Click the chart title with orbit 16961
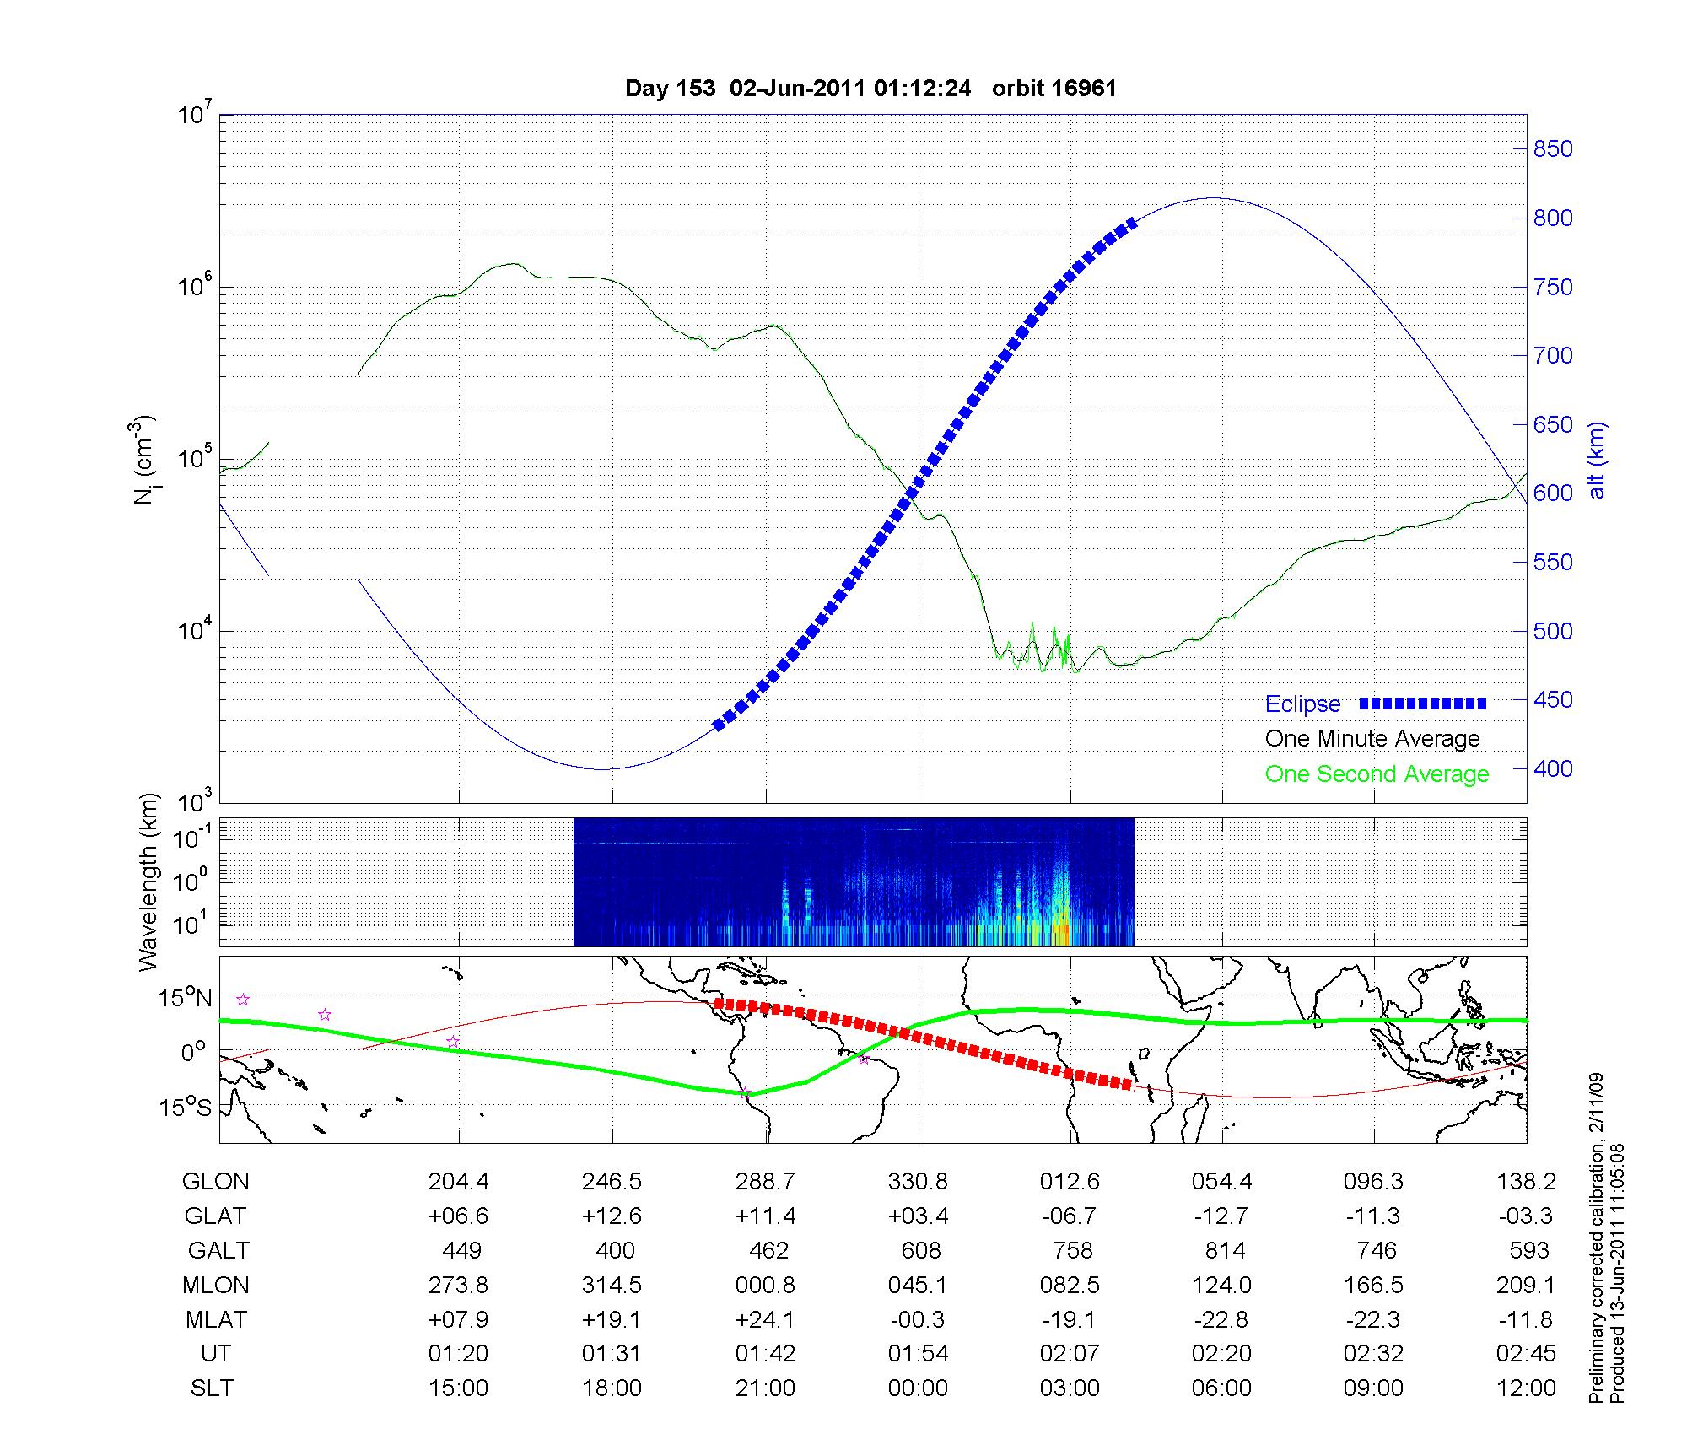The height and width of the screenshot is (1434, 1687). (870, 89)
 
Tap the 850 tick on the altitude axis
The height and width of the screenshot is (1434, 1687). (1553, 149)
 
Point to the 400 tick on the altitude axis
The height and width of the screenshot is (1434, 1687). (1553, 768)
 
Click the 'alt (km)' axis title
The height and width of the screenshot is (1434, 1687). (1597, 460)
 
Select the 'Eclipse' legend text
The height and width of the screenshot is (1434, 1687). (1302, 704)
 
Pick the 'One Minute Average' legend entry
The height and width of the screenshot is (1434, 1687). (1372, 739)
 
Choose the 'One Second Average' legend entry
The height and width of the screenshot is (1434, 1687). (1377, 774)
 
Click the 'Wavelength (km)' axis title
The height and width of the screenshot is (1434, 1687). (148, 881)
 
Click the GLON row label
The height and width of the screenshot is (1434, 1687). (215, 1181)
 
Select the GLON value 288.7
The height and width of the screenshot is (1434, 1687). (765, 1181)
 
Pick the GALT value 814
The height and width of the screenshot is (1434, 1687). (1225, 1250)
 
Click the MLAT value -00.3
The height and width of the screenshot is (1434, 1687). (917, 1319)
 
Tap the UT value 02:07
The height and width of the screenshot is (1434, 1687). (1070, 1354)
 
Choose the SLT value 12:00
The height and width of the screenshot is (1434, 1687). (1525, 1388)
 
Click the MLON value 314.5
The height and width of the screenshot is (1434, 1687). (612, 1285)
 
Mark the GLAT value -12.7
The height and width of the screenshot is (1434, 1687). (1221, 1216)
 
